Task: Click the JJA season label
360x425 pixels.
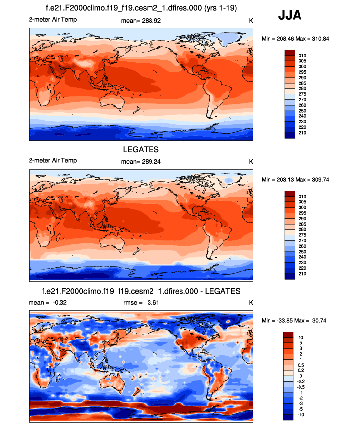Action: pos(290,16)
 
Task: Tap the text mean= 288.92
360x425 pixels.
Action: pos(141,21)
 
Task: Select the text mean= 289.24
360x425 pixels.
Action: pos(141,161)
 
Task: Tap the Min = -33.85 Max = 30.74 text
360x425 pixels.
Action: pos(293,320)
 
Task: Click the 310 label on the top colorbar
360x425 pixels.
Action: pos(303,55)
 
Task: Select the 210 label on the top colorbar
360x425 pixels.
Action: pos(303,133)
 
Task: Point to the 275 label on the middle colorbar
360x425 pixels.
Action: pos(303,235)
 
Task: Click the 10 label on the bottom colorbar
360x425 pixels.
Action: pos(301,337)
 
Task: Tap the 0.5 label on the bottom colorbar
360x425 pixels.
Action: pos(302,365)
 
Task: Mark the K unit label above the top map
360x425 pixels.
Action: pos(251,21)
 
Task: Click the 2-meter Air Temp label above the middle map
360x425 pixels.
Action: pos(53,161)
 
